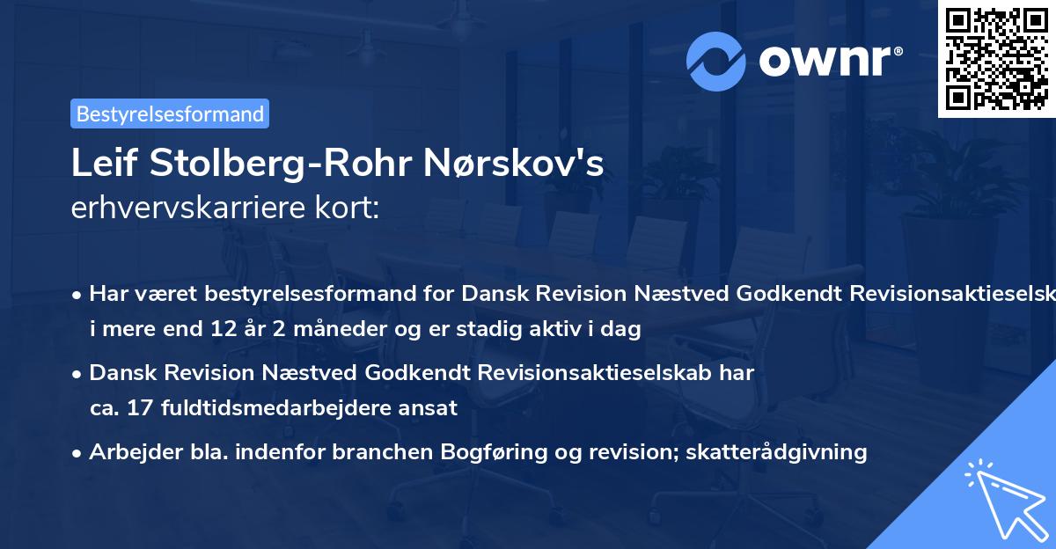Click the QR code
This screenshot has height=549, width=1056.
point(996,58)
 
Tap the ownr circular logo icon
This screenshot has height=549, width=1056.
point(716,61)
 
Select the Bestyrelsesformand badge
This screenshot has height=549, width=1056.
point(170,113)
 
